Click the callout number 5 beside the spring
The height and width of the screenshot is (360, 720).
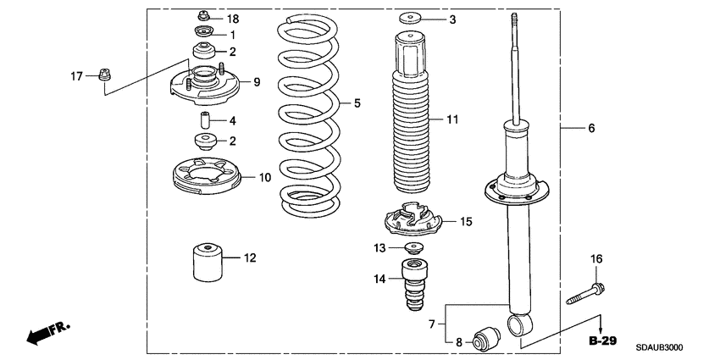[x=357, y=103]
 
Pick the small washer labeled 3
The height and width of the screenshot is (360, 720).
[x=412, y=19]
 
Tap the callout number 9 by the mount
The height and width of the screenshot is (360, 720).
[x=256, y=82]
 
